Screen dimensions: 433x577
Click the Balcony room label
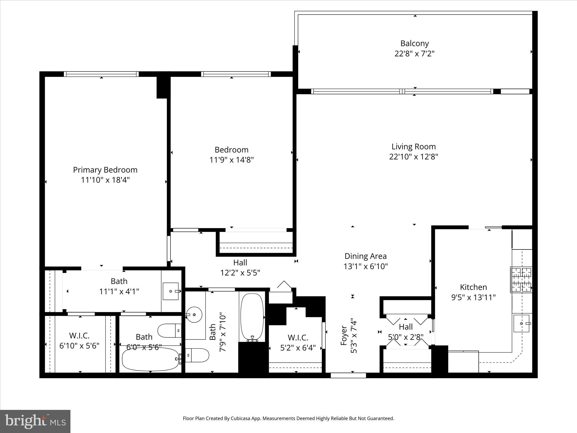coord(414,43)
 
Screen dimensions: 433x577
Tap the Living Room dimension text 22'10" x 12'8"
coord(414,157)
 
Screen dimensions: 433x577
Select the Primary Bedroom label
coord(105,170)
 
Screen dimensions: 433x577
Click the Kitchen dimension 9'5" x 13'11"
coord(473,297)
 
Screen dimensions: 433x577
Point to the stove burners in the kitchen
coord(521,280)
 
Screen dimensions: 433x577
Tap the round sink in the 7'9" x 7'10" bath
coord(194,314)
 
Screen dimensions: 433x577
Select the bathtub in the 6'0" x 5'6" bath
coord(150,359)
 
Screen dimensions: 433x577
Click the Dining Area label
coord(365,256)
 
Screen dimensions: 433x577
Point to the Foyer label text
coord(344,335)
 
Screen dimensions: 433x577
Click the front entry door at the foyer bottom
coord(348,375)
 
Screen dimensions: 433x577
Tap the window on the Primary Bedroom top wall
coord(101,74)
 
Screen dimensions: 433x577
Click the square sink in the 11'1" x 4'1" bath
coord(170,291)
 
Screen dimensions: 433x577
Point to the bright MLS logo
coord(35,421)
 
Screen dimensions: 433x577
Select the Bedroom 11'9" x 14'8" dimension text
coord(231,160)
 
